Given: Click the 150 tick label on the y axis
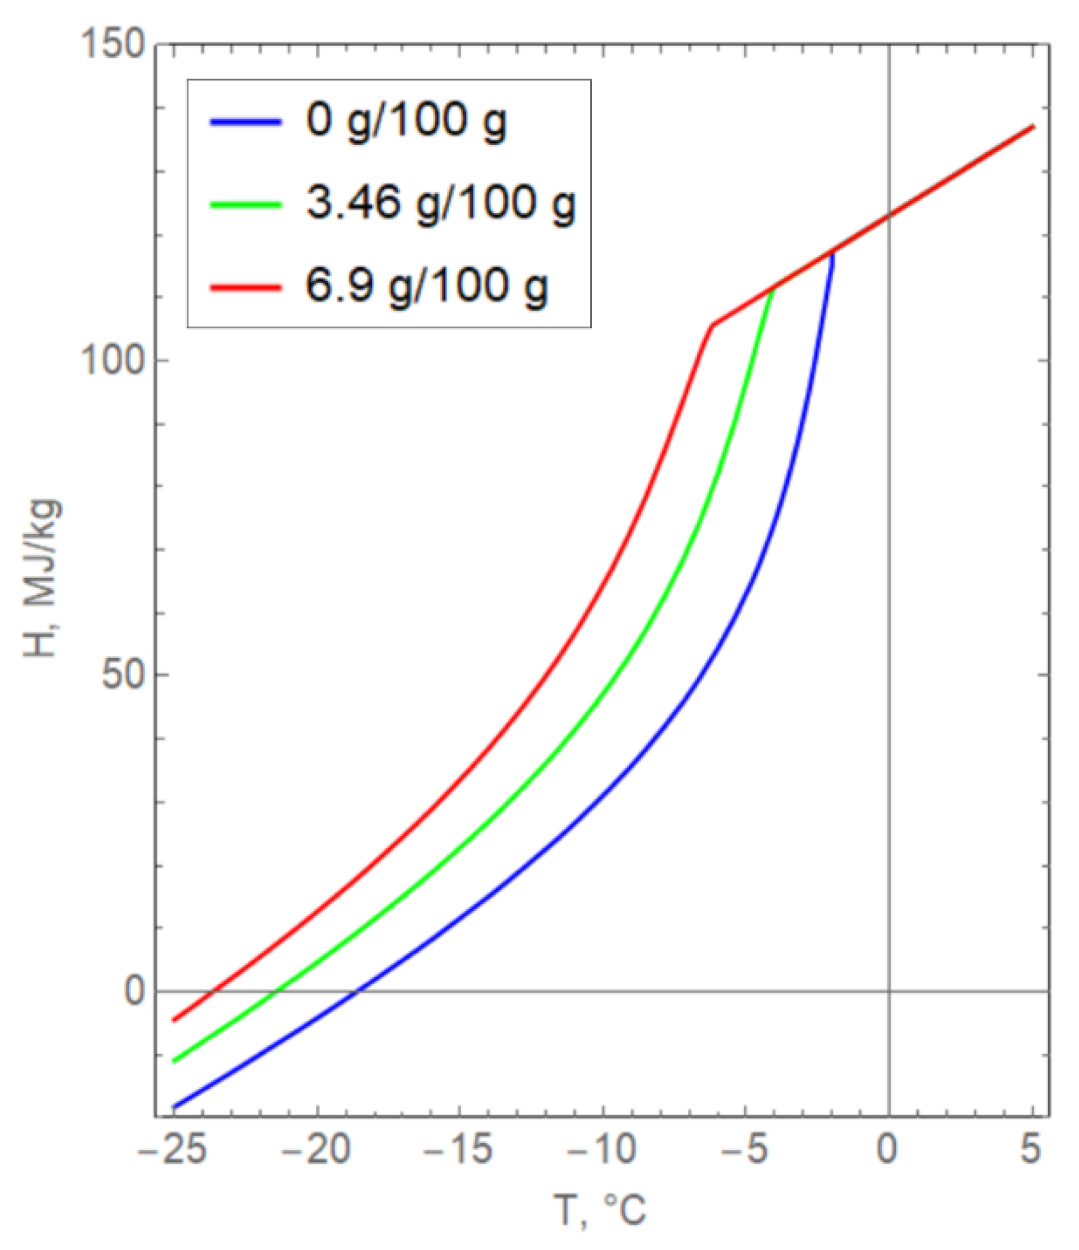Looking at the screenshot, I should click(113, 46).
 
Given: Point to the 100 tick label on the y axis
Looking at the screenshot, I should click(113, 361).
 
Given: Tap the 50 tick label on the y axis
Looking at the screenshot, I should click(125, 675).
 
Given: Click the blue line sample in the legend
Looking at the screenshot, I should click(246, 122).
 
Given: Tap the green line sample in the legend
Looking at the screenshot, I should click(246, 205).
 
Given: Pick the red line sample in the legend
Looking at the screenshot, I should click(246, 287).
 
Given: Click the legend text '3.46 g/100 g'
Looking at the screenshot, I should click(441, 204).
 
